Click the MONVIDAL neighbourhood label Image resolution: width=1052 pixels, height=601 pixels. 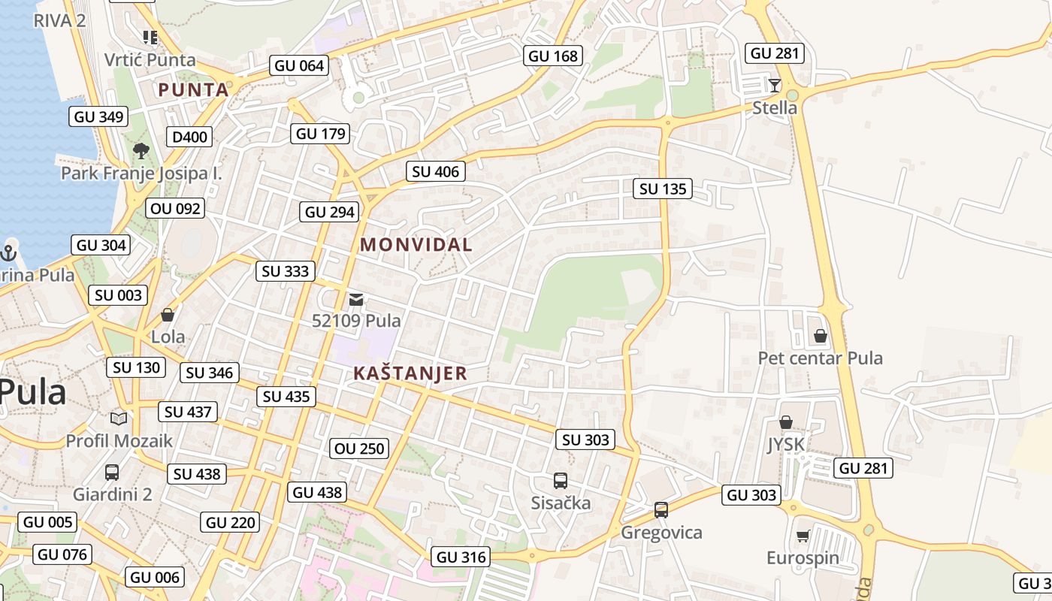click(416, 244)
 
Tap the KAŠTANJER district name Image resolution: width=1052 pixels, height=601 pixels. click(410, 373)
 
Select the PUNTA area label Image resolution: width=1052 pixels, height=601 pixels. click(193, 90)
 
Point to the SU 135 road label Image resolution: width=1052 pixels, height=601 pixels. click(663, 189)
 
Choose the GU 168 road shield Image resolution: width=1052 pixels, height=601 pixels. click(553, 56)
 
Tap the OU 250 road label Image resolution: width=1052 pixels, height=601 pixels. click(360, 448)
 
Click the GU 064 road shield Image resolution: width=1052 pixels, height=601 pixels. click(299, 65)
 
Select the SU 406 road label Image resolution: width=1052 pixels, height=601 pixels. click(436, 171)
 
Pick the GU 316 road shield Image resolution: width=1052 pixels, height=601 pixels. click(461, 557)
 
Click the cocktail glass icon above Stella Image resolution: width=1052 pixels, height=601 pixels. click(775, 85)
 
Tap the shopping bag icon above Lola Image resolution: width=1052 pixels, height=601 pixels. click(168, 314)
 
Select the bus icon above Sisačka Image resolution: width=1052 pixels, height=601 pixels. click(560, 481)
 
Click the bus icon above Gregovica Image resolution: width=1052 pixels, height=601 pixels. click(661, 510)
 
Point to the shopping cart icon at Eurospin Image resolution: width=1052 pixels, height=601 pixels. click(803, 536)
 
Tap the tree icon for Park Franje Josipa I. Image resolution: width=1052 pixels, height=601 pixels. click(141, 151)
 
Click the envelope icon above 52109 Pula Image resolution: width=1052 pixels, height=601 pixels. click(356, 300)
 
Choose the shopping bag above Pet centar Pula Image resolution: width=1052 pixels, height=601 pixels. click(821, 336)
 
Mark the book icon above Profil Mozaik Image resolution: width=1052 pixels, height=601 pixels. click(119, 418)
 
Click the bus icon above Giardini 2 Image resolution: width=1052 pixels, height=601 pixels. click(112, 473)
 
